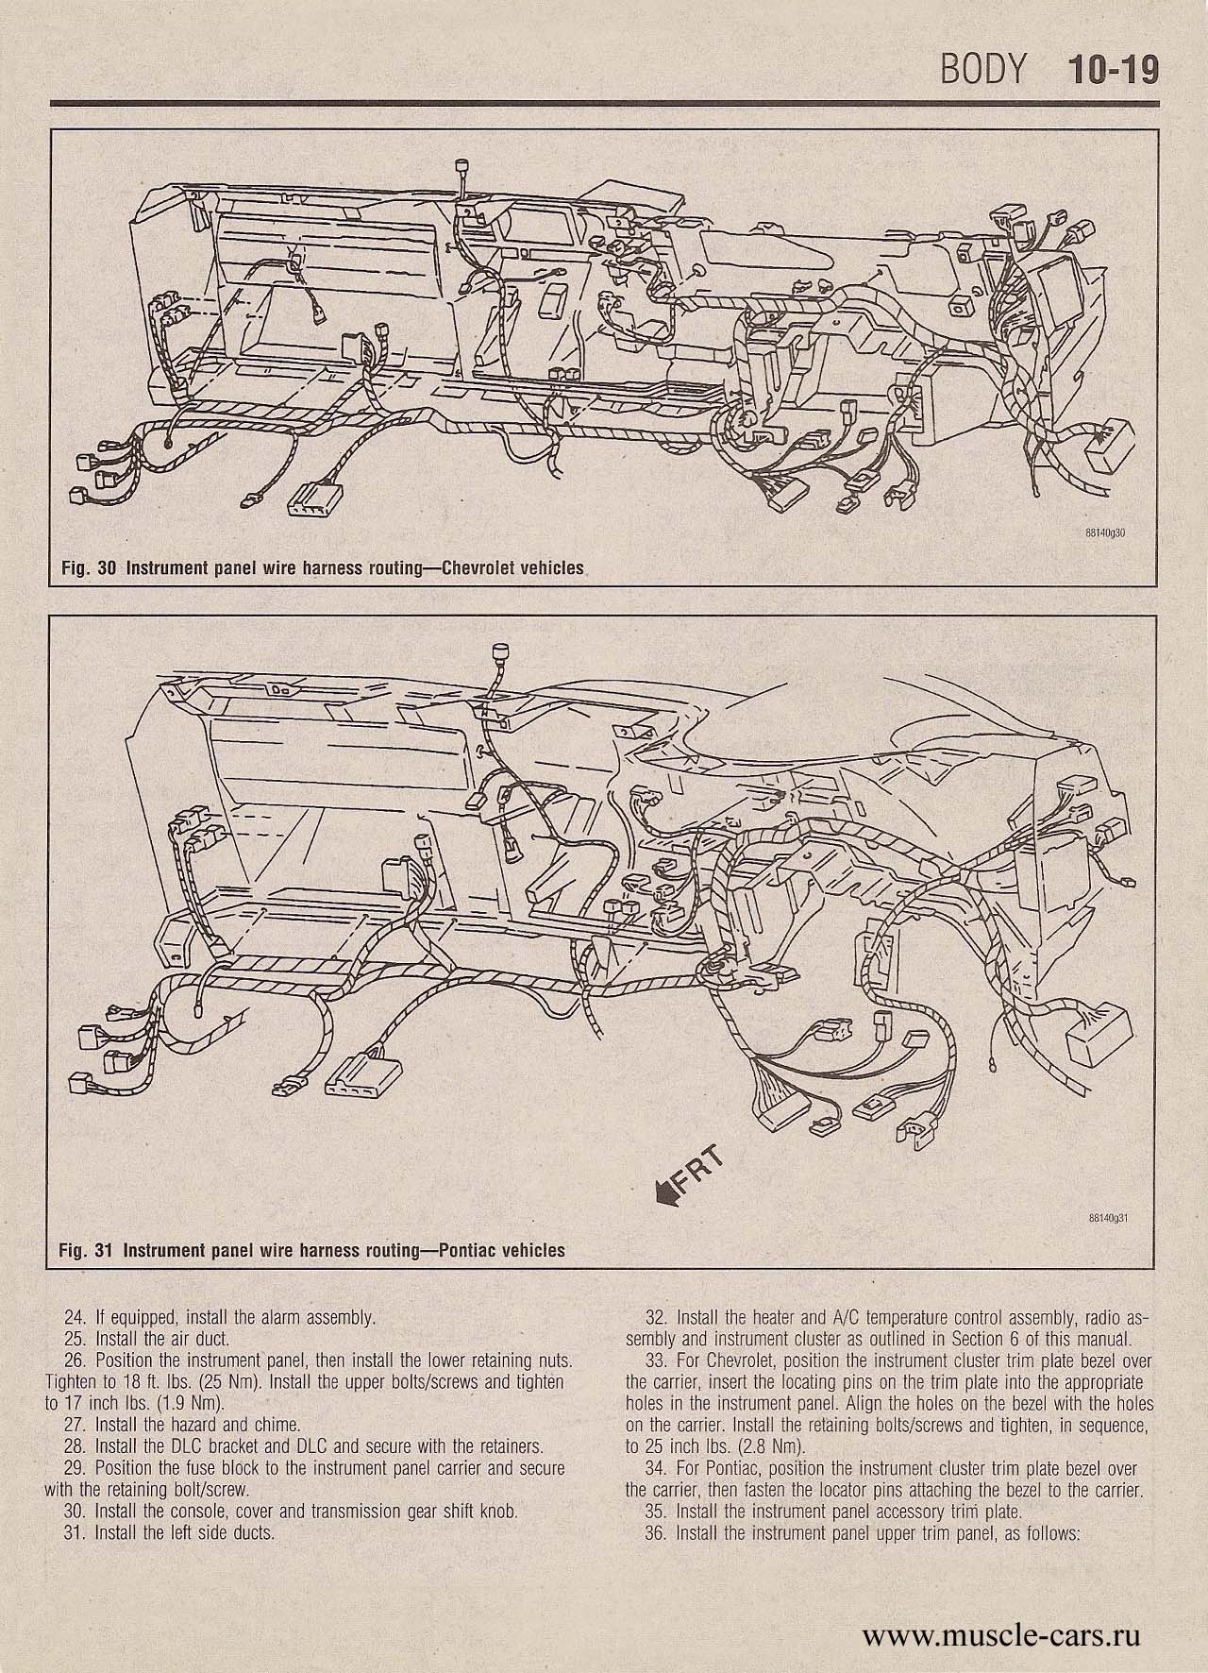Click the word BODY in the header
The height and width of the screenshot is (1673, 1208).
tap(981, 71)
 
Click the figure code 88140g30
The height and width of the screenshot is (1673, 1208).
tap(1106, 532)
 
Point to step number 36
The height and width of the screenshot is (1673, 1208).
tap(654, 1532)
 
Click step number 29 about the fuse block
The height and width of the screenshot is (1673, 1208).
tap(73, 1468)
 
